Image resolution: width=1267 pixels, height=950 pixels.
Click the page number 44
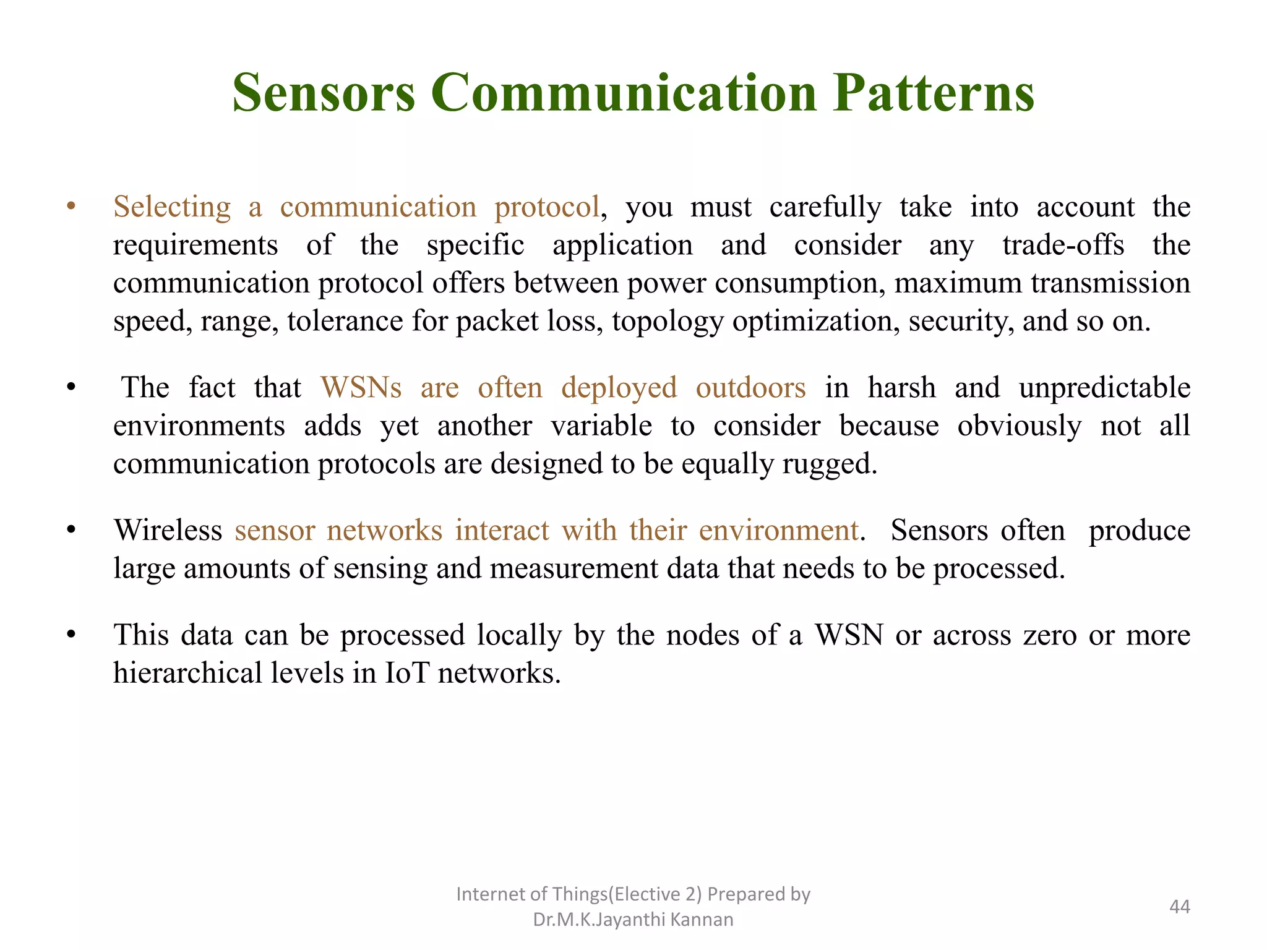[x=1179, y=907]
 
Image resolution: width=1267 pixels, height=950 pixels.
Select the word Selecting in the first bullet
[x=172, y=207]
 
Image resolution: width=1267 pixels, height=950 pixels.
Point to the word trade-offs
[x=1063, y=245]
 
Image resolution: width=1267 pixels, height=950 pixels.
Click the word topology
[x=668, y=322]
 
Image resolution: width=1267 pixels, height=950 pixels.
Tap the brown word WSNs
[x=361, y=388]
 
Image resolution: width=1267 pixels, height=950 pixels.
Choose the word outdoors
[x=750, y=388]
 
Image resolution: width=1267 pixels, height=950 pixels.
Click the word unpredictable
[x=1104, y=388]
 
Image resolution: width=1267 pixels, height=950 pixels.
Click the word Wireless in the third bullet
[x=168, y=531]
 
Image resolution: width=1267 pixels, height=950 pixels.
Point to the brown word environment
[x=779, y=531]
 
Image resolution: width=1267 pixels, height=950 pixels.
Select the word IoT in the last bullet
[x=406, y=674]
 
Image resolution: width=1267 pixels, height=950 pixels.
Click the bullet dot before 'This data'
[x=72, y=635]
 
